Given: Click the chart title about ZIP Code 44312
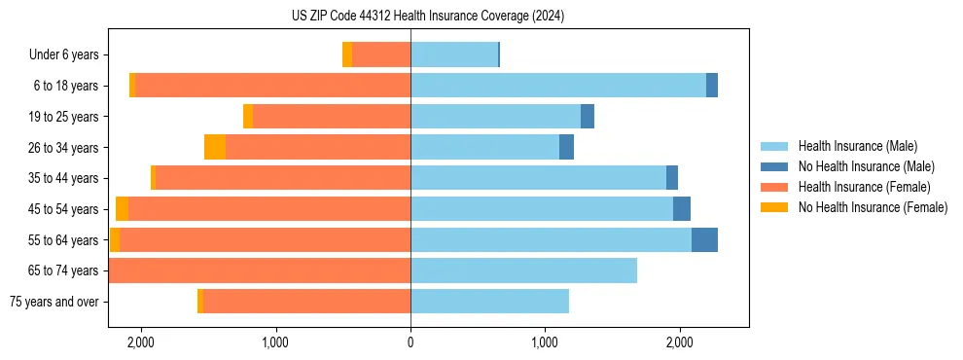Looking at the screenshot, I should click(x=428, y=17).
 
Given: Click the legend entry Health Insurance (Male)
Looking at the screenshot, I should click(x=856, y=146).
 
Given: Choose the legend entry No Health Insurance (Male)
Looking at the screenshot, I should click(x=866, y=166).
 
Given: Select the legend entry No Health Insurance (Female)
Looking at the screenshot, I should click(x=873, y=207).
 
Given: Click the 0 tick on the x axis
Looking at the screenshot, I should click(x=410, y=342).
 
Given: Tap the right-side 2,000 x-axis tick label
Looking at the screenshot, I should click(x=679, y=342).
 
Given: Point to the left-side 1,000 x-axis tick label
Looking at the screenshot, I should click(x=275, y=342).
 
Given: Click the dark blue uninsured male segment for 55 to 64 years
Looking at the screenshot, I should click(x=704, y=240).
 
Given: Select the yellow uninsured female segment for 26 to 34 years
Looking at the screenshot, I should click(x=215, y=148).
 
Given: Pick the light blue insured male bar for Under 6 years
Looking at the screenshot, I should click(x=454, y=55).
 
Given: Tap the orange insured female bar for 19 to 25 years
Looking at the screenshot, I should click(x=331, y=117).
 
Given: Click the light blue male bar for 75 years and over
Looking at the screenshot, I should click(x=489, y=302).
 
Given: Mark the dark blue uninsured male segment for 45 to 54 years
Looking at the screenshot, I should click(x=682, y=209).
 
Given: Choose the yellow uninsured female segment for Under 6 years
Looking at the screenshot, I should click(x=347, y=55).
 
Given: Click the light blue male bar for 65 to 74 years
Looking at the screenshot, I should click(x=523, y=270).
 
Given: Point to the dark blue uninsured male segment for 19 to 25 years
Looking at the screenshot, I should click(x=588, y=117).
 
